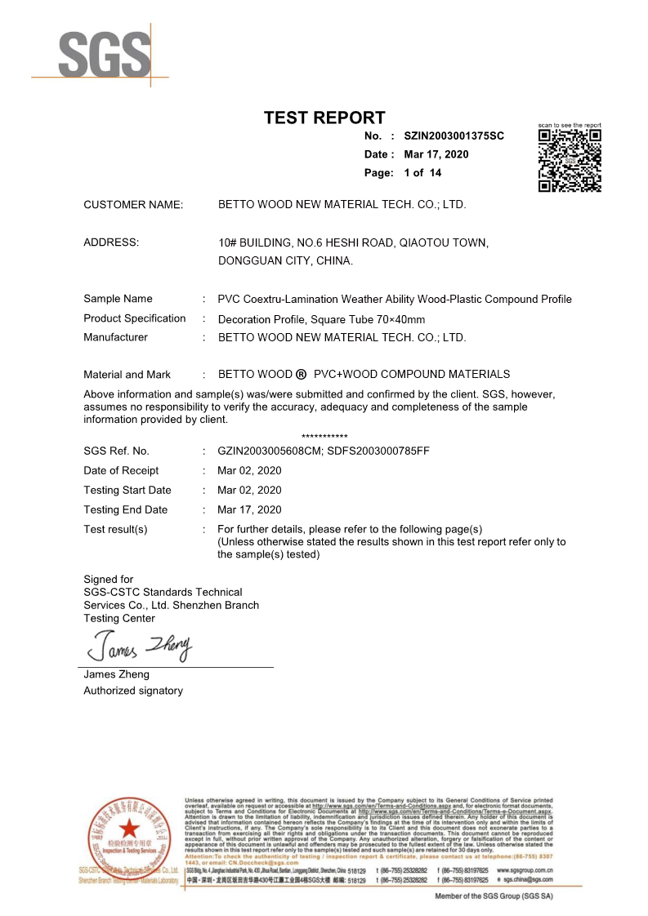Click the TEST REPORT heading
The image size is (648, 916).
click(x=324, y=118)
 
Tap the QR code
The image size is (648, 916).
click(x=570, y=160)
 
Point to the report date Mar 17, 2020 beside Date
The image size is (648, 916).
click(x=436, y=154)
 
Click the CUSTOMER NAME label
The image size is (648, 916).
click(x=133, y=205)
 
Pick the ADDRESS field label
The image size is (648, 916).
click(x=111, y=242)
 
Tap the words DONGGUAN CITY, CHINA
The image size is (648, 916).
click(x=286, y=261)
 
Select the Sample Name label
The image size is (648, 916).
click(x=118, y=299)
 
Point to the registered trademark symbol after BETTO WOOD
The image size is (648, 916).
click(x=302, y=375)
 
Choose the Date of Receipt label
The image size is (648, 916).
click(x=121, y=470)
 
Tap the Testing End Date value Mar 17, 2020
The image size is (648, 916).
click(x=249, y=509)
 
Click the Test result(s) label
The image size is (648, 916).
click(x=115, y=529)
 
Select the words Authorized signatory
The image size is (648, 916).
click(x=133, y=691)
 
